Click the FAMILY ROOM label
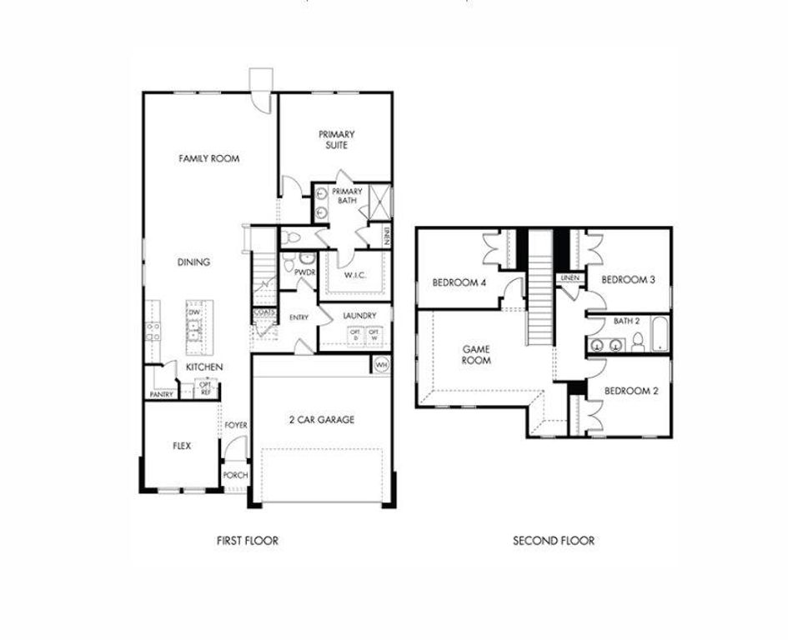pos(209,158)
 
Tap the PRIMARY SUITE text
pos(336,139)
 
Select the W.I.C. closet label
pos(356,275)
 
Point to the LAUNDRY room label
pos(359,316)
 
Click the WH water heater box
pos(381,365)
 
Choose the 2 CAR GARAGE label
pos(322,420)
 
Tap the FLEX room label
pos(181,446)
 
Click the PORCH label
pos(235,477)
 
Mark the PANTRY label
pos(162,394)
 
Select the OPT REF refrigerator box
pos(203,389)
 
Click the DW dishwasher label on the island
pos(193,312)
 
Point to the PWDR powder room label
pos(304,272)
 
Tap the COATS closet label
pos(264,313)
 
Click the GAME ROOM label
pos(476,355)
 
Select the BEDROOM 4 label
pos(459,282)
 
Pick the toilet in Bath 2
pos(637,342)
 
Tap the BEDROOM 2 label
pos(631,391)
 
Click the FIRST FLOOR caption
pos(247,541)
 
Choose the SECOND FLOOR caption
pos(554,541)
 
